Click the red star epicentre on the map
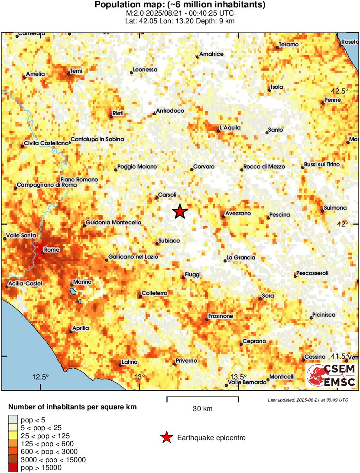(180, 212)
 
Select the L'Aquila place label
(230, 127)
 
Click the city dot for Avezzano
(224, 216)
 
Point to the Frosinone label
(221, 316)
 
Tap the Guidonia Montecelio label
(114, 222)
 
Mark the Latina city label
(130, 362)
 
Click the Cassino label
(315, 356)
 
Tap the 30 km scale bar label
(202, 408)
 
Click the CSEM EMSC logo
(331, 375)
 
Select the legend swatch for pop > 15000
(13, 467)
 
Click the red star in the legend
(166, 438)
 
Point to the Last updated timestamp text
(308, 400)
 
